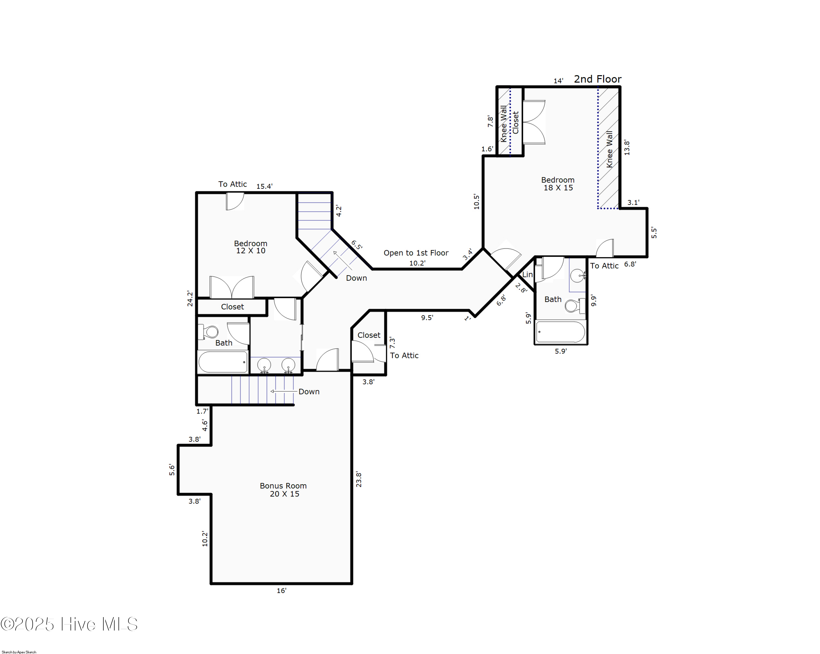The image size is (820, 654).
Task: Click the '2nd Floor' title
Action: [597, 79]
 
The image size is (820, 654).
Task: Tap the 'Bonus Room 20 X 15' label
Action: [283, 490]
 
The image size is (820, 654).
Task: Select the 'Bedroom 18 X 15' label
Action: [558, 184]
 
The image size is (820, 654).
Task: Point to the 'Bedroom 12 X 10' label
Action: [251, 247]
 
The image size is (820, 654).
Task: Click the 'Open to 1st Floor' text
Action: [416, 253]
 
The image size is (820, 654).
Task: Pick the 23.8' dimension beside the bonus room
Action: [359, 479]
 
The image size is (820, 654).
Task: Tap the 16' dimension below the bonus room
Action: [282, 591]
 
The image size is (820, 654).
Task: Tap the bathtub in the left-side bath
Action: [223, 362]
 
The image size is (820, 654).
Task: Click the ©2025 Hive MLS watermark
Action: [69, 624]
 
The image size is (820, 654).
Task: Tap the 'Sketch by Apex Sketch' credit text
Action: [19, 652]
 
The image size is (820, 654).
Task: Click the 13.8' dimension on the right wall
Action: [627, 148]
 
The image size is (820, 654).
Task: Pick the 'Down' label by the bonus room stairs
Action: [309, 392]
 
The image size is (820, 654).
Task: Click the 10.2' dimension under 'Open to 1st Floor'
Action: [417, 263]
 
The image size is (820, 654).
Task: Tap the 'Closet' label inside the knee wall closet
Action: [516, 122]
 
